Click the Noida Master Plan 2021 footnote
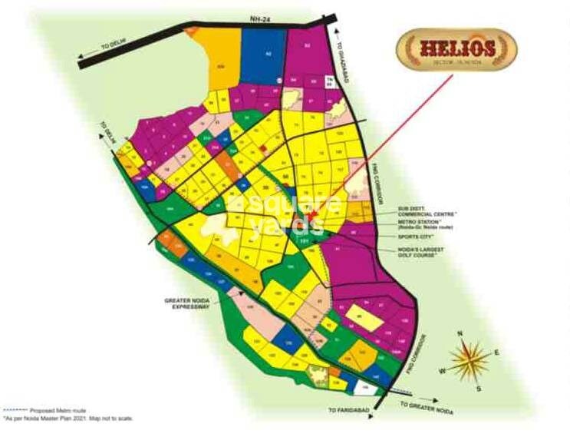[69, 419]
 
